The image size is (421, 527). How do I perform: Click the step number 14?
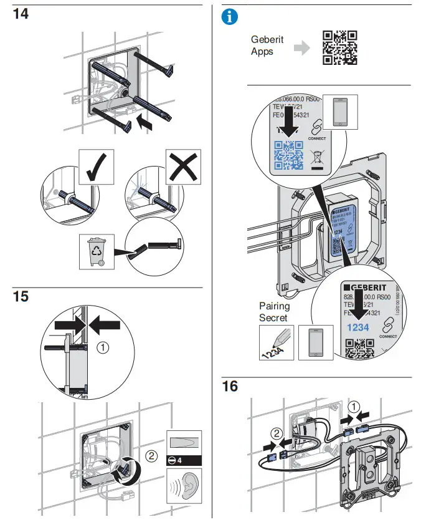[x=21, y=14]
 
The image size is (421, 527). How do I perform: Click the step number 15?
[x=21, y=297]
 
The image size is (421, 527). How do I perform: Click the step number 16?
[x=230, y=386]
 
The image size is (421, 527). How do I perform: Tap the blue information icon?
[x=230, y=17]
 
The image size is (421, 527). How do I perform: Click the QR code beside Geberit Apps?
[x=339, y=47]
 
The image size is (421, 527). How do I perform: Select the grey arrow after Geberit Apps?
[x=301, y=49]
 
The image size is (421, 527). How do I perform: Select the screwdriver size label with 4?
[x=184, y=460]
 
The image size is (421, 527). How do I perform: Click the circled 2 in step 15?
[x=151, y=456]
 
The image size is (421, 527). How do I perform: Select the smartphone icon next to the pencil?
[x=316, y=342]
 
